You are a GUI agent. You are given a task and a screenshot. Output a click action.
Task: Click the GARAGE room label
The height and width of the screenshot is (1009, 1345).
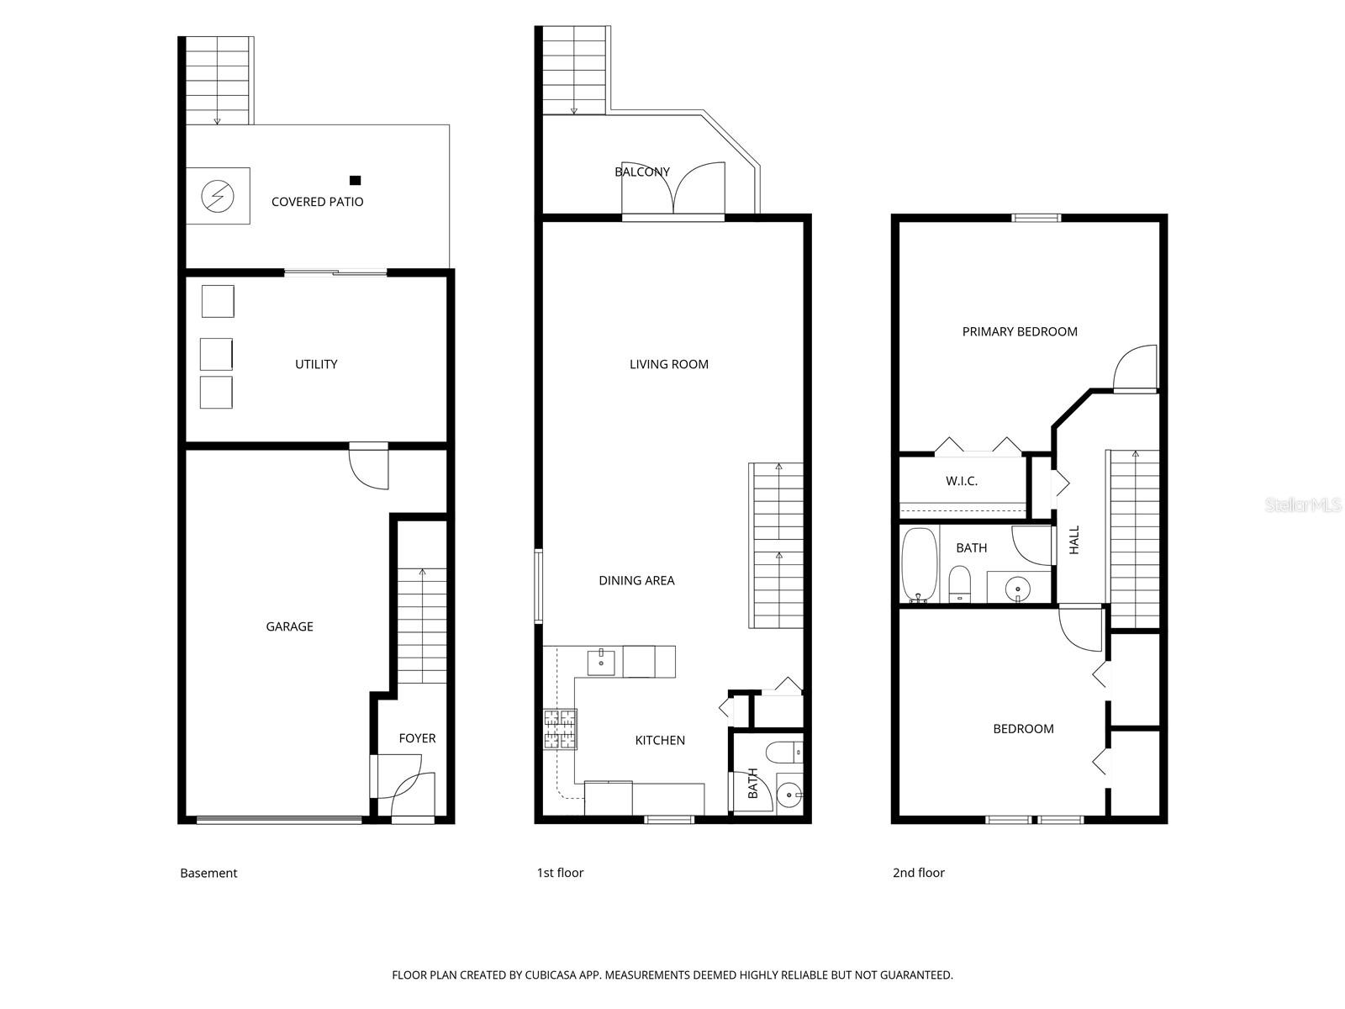289,626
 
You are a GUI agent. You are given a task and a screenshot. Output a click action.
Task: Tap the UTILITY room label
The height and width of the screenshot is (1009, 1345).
316,364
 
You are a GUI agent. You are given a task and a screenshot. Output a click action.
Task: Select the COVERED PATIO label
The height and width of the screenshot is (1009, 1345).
317,202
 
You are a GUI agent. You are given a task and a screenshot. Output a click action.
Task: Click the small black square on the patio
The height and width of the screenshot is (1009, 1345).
355,180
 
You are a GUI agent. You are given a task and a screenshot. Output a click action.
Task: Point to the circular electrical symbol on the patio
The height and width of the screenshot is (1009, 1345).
218,197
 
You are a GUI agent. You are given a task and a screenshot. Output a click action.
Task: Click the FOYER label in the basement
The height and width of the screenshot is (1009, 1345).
417,738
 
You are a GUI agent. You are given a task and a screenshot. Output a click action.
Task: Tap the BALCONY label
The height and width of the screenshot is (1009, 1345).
642,172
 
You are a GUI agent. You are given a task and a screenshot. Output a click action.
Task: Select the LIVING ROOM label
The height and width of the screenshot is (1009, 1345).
668,364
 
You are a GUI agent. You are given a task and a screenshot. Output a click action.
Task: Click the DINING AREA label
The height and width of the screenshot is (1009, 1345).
636,580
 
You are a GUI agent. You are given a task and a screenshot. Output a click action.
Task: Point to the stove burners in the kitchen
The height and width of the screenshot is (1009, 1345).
561,729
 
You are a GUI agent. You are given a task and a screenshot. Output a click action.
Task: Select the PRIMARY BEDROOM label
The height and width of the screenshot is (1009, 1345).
1020,331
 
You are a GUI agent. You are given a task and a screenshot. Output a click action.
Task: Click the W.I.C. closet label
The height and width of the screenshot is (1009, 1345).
962,481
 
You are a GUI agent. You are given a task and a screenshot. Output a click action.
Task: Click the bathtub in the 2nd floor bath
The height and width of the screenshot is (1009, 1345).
918,563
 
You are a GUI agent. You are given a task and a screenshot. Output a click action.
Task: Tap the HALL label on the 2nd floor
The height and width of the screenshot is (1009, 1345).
1074,540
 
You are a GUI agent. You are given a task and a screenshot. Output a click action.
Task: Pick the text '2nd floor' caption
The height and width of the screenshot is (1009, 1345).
918,873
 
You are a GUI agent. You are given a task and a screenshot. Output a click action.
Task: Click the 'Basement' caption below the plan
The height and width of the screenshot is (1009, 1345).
208,873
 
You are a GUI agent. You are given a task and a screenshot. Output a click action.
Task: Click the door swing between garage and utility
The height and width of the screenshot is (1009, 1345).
370,469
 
